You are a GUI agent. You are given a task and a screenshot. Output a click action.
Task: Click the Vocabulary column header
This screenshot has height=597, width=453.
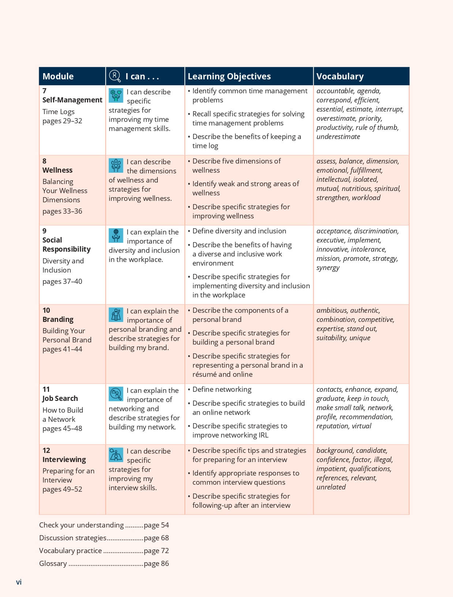340,76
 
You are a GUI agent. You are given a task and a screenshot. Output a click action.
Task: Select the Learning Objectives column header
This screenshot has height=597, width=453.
229,76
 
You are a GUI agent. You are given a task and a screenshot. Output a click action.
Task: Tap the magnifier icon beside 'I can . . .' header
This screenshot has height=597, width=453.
115,76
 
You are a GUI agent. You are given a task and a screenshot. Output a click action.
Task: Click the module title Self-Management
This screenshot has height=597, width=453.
72,100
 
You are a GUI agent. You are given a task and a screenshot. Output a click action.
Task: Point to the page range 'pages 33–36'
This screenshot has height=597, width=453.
62,211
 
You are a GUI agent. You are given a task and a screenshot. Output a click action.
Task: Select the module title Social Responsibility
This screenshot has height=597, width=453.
66,244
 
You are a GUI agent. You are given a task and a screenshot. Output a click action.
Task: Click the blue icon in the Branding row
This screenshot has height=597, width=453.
116,315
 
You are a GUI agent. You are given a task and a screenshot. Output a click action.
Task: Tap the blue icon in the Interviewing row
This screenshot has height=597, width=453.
116,455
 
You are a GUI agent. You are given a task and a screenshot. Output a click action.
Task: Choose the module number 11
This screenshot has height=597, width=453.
46,389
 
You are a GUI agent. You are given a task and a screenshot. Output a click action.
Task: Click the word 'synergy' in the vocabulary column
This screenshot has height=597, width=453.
328,268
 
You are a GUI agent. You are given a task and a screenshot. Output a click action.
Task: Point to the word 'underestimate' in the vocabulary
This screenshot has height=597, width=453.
338,137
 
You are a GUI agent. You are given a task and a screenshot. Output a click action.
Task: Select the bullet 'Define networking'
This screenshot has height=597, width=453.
222,389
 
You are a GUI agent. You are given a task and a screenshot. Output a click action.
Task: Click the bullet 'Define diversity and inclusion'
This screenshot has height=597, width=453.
239,231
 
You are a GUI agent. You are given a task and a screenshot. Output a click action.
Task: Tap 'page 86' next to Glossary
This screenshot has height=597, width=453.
156,563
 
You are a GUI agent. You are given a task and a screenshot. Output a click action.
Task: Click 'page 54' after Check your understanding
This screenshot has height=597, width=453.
156,525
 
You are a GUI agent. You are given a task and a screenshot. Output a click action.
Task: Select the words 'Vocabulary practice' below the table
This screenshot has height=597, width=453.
70,551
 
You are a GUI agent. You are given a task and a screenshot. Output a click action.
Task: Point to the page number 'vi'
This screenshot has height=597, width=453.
19,582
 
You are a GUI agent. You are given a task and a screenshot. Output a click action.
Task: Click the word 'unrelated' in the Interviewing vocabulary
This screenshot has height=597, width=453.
331,487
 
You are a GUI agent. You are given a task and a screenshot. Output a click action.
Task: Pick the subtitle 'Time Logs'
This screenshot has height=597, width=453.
58,112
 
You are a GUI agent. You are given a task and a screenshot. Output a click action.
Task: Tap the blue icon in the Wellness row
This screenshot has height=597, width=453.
116,165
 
